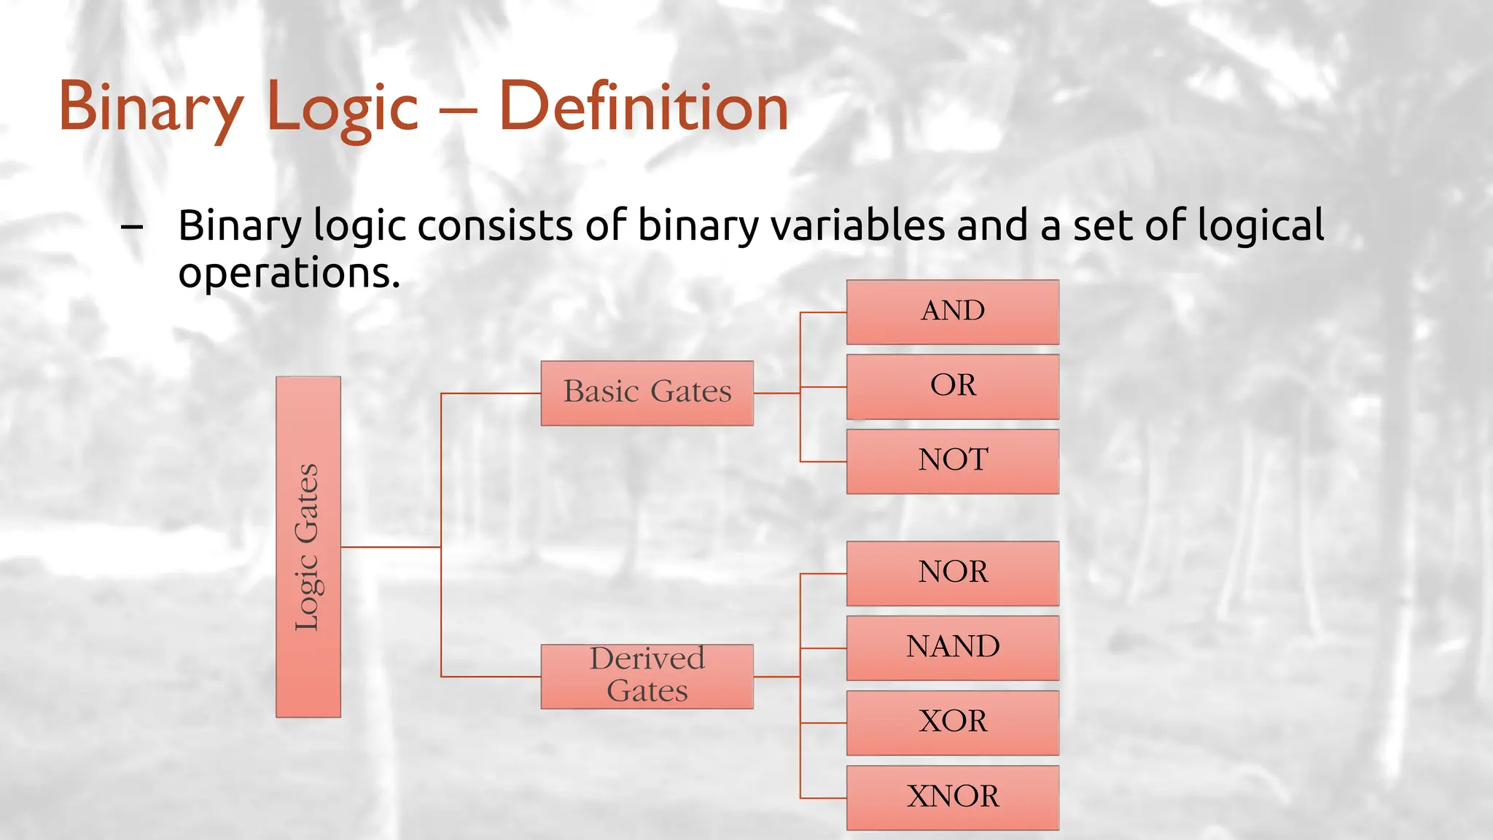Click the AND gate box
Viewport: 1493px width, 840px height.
952,312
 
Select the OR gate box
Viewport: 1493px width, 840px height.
952,386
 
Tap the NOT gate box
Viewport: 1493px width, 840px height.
952,462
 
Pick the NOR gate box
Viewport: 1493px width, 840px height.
952,573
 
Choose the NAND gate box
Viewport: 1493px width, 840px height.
952,647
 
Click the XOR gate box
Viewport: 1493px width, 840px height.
952,723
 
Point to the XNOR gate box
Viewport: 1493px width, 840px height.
952,797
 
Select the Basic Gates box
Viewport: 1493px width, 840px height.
647,393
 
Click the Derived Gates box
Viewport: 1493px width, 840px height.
647,676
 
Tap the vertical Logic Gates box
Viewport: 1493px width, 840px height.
308,547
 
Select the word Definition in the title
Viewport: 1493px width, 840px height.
643,108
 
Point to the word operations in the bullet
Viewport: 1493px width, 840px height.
289,274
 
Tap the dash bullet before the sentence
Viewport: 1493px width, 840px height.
132,227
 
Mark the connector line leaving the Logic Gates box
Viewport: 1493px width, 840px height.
390,547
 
